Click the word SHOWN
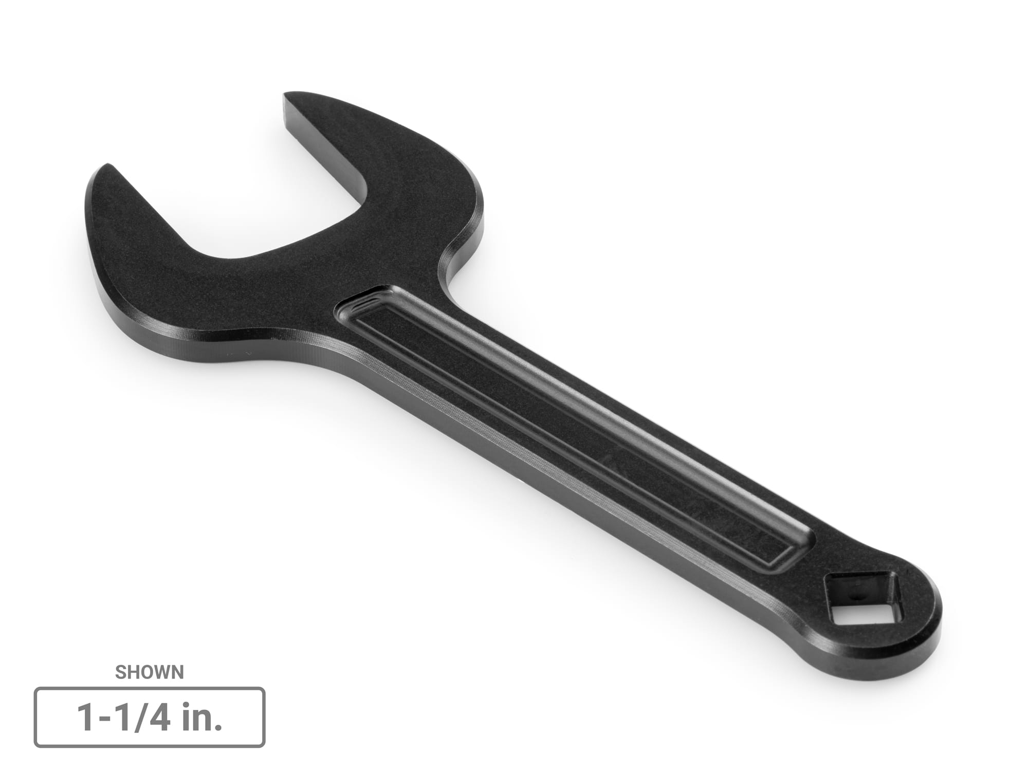point(149,672)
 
